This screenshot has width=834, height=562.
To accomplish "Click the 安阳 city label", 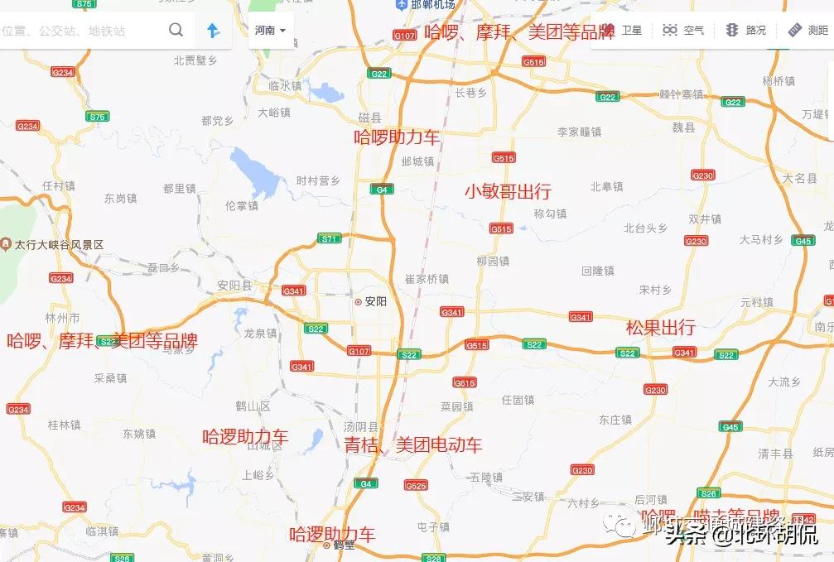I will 374,301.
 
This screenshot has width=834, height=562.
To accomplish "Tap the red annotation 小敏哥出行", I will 507,191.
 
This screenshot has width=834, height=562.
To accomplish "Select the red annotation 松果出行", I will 660,327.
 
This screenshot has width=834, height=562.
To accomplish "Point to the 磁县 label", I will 369,118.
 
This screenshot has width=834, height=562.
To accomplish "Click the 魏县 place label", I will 683,127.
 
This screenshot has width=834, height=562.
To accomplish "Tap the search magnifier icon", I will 176,31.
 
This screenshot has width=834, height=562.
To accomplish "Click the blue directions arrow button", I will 214,31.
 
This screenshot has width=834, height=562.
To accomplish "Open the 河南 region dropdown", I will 270,31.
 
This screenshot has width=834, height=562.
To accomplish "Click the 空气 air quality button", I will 683,31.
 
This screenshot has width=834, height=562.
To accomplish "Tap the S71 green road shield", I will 330,238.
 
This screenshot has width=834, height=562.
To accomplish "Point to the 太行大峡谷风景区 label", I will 58,245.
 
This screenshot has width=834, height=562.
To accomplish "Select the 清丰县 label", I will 775,454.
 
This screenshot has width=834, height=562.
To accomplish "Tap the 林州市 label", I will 62,318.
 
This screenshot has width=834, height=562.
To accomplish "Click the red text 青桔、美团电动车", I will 412,445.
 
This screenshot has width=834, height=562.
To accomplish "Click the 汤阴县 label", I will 360,427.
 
